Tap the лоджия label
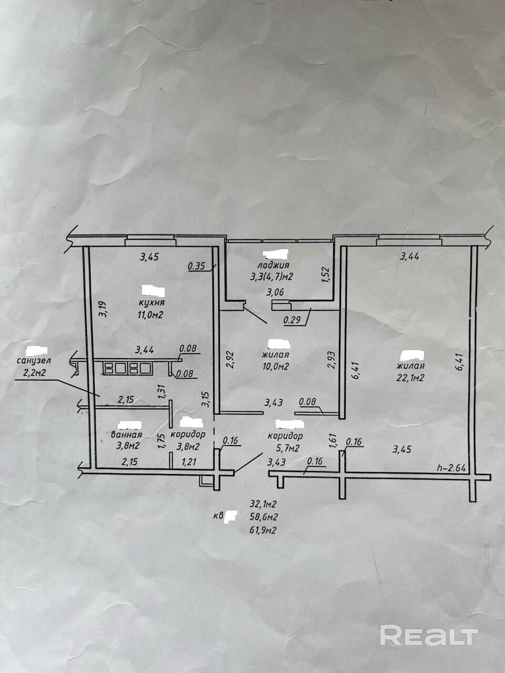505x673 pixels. click(x=274, y=266)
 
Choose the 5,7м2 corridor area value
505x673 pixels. click(x=286, y=447)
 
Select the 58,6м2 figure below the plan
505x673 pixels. click(x=264, y=516)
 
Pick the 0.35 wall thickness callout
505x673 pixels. click(x=196, y=266)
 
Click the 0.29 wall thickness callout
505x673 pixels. click(x=292, y=319)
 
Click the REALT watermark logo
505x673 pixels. click(x=429, y=636)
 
